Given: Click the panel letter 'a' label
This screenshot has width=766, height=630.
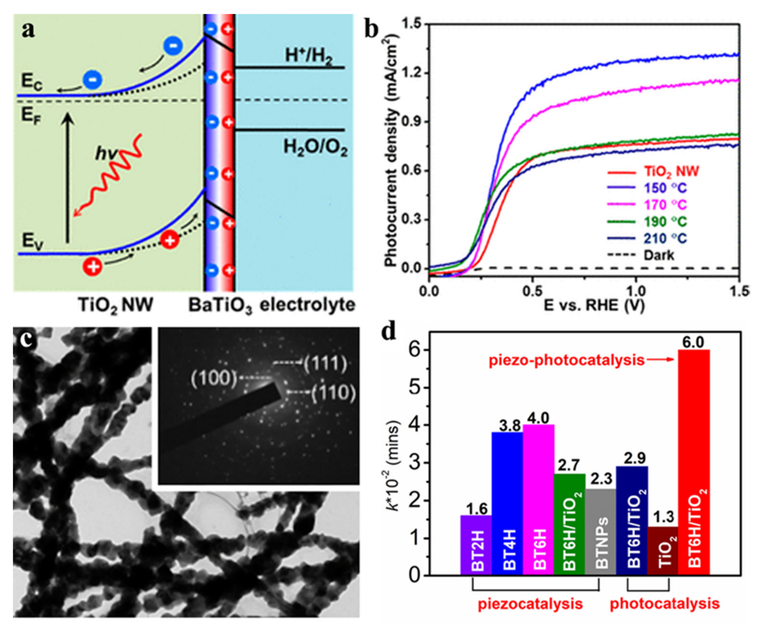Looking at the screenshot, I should [28, 30].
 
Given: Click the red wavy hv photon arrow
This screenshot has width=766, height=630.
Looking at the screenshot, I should [109, 178].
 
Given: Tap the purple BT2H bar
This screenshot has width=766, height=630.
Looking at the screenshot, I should [476, 544].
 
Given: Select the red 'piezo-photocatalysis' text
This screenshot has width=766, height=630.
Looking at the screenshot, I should [566, 360].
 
